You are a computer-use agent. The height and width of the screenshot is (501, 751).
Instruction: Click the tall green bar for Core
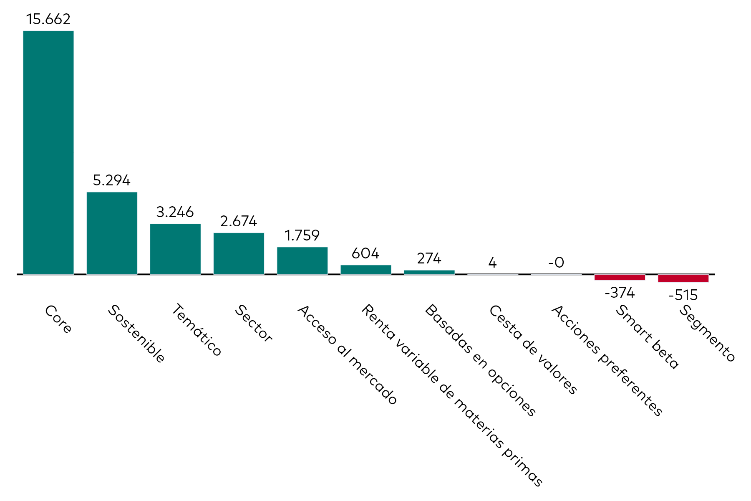pyautogui.click(x=48, y=152)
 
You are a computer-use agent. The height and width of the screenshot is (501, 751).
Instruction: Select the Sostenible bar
pyautogui.click(x=112, y=233)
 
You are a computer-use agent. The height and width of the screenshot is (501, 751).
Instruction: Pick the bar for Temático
pyautogui.click(x=175, y=249)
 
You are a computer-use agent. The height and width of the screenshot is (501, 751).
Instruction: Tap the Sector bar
pyautogui.click(x=239, y=253)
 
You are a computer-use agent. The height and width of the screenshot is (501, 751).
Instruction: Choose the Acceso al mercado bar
pyautogui.click(x=302, y=261)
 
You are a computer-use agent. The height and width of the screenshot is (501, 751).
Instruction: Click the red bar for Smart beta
pyautogui.click(x=620, y=277)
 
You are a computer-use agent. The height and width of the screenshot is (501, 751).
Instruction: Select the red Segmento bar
pyautogui.click(x=683, y=278)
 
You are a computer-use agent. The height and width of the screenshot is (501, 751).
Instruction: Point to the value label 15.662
pyautogui.click(x=48, y=19)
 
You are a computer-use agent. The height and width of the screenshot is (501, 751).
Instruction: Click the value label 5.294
pyautogui.click(x=112, y=180)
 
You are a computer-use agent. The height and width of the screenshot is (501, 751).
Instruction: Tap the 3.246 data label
pyautogui.click(x=175, y=212)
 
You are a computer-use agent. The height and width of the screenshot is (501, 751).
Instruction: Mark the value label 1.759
pyautogui.click(x=302, y=235)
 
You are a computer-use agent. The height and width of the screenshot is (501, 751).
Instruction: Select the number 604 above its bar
pyautogui.click(x=365, y=253)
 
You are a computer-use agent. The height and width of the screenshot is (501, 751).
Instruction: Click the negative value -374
pyautogui.click(x=620, y=293)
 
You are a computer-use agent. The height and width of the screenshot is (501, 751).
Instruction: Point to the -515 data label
pyautogui.click(x=683, y=295)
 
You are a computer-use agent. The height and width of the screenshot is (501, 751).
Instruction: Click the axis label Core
pyautogui.click(x=58, y=319)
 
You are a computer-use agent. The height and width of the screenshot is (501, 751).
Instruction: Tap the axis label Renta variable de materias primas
pyautogui.click(x=452, y=395)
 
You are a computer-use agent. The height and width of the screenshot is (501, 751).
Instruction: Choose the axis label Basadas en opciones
pyautogui.click(x=480, y=360)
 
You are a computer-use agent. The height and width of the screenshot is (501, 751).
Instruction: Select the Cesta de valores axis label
pyautogui.click(x=533, y=349)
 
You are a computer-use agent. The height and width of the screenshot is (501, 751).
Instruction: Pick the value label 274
pyautogui.click(x=429, y=259)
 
